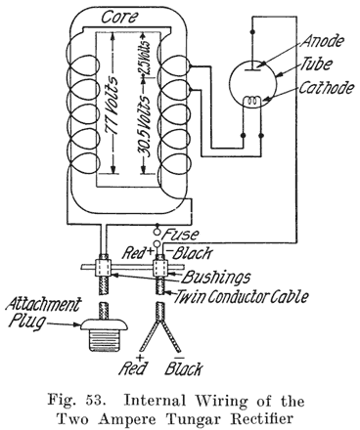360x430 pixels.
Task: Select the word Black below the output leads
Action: pos(186,369)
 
